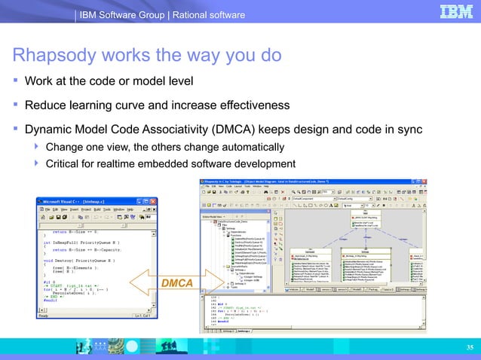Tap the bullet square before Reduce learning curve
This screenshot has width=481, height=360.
pos(14,105)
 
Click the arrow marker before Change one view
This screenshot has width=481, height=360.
pos(36,146)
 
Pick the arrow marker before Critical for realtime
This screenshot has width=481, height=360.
pos(36,164)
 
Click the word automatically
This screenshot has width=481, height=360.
pos(244,146)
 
